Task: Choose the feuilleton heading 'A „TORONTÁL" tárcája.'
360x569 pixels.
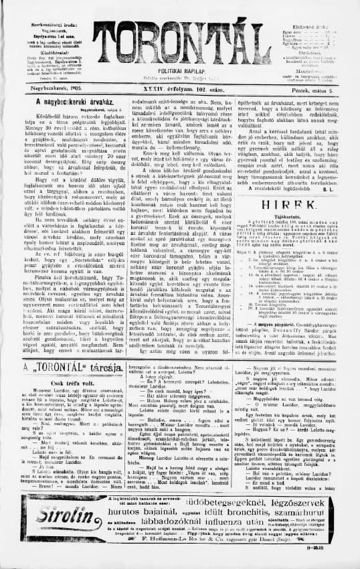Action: click(62, 370)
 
